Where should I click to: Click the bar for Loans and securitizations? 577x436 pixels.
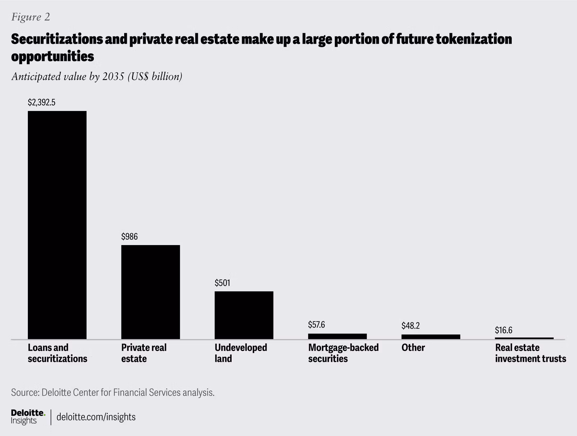57,225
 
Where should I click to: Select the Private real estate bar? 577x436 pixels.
150,292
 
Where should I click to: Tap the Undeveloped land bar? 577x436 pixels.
244,315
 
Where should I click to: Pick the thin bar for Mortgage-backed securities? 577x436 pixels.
337,336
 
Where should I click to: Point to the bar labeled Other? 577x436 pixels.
431,337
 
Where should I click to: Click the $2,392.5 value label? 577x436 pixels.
41,102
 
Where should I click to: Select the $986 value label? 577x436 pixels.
129,236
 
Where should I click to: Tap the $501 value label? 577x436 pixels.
222,283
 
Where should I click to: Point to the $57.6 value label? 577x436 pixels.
316,324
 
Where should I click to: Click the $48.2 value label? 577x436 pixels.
410,326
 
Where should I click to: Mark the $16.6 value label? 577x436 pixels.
504,330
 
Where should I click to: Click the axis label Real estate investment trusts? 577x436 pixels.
531,353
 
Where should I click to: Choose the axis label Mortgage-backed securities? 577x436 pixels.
343,353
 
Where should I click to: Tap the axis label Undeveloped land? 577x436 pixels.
241,353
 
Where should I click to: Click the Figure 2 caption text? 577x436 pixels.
31,17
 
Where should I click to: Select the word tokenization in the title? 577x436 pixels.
474,39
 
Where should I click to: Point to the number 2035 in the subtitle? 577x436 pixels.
113,76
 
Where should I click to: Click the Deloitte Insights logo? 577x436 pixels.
28,417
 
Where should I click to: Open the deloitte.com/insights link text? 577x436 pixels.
96,417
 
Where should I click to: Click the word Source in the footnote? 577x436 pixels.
25,392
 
